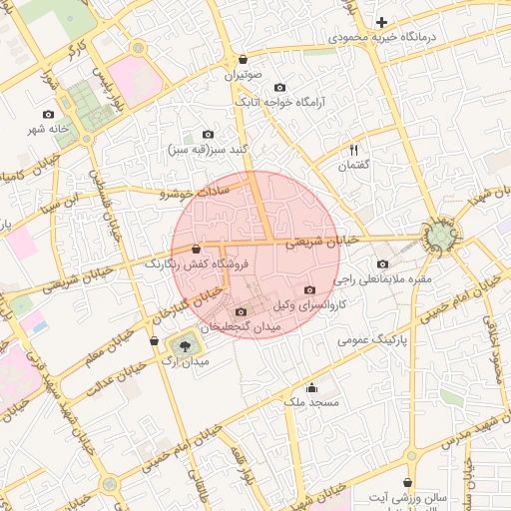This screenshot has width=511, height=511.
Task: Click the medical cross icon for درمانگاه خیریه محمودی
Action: (x=381, y=22)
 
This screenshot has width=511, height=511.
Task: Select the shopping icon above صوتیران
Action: (x=244, y=60)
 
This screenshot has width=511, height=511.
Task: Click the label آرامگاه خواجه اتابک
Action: (x=274, y=102)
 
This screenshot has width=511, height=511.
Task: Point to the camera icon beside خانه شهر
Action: (x=48, y=115)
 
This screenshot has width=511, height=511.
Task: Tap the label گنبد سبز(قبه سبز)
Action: (x=208, y=149)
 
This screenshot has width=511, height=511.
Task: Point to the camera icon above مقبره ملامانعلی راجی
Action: (x=383, y=264)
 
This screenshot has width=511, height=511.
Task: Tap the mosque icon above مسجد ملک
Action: (x=312, y=387)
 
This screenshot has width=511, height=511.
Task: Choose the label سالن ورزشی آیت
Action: (x=407, y=496)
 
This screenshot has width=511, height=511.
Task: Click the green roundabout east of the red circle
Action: (x=440, y=236)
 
